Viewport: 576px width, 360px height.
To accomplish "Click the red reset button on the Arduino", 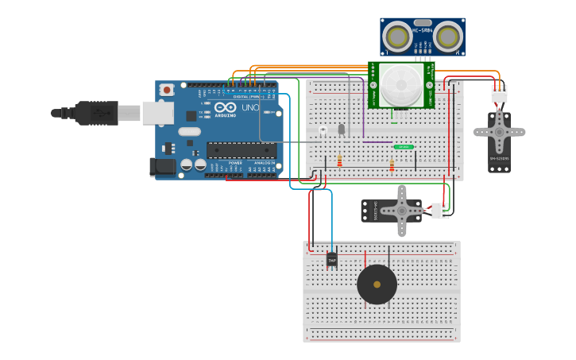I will pos(167,91).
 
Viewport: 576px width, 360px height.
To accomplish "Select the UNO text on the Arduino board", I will pos(249,107).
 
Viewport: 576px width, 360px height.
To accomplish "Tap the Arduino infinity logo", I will pos(225,107).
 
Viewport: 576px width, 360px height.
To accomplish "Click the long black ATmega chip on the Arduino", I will pos(242,149).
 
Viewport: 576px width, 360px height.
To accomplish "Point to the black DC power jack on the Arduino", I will pos(162,166).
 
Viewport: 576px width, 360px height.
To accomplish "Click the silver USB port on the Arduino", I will pos(157,113).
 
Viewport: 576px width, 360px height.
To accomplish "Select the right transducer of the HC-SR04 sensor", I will pos(449,36).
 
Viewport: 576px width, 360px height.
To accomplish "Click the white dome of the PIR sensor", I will pos(402,86).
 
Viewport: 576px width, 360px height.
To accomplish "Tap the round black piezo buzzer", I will pos(377,285).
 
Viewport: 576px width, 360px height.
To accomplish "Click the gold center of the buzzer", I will pos(377,285).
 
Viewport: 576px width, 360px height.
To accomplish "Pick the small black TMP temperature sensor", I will pos(332,260).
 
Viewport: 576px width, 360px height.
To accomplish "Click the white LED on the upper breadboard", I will pos(323,129).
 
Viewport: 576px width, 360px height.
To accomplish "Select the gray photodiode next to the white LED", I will pos(342,129).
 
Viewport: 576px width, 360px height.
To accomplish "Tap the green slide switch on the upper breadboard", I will pos(404,147).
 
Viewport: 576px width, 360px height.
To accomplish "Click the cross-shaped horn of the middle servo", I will pos(402,210).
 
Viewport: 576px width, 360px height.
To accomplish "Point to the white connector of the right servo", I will pos(499,94).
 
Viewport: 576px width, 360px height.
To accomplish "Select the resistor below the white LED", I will pos(340,161).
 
